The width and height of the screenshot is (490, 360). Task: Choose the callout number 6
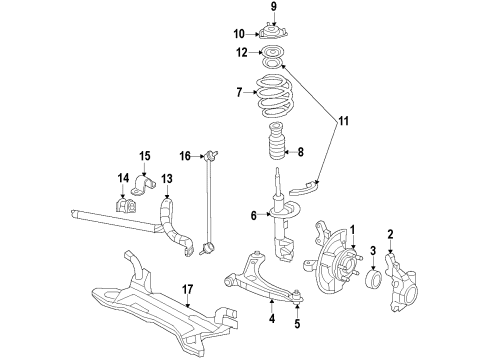pyautogui.click(x=255, y=214)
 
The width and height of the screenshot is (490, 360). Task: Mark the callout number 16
pyautogui.click(x=184, y=156)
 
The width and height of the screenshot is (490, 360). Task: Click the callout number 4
pyautogui.click(x=270, y=321)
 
